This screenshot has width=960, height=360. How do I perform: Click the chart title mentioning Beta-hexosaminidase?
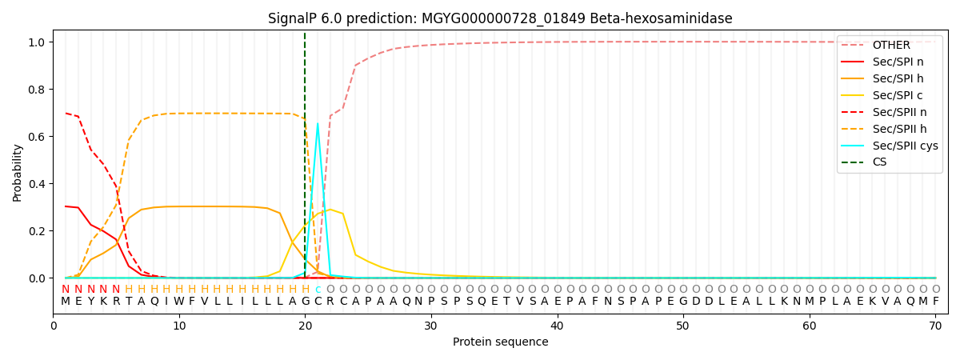(x=500, y=18)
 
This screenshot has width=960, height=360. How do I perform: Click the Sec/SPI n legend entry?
(x=888, y=62)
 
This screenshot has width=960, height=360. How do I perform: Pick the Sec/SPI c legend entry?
(x=888, y=95)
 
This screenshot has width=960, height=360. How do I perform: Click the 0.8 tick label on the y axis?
(x=38, y=89)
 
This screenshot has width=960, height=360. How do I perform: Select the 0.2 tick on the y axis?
(x=38, y=231)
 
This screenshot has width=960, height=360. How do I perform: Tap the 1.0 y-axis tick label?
(x=38, y=42)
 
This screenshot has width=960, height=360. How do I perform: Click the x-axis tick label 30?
(x=431, y=326)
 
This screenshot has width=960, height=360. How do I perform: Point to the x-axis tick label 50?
(x=682, y=326)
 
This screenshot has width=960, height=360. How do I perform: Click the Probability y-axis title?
(x=18, y=172)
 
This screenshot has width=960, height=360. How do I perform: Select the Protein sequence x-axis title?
(x=500, y=342)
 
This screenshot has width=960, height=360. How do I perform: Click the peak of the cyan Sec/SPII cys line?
(x=318, y=123)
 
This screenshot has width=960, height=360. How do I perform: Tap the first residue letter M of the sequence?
(x=66, y=302)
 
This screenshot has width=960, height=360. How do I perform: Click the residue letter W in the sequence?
(x=179, y=302)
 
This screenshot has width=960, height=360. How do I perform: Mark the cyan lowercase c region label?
(x=318, y=290)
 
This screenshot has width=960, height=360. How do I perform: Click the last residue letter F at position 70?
(x=935, y=302)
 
